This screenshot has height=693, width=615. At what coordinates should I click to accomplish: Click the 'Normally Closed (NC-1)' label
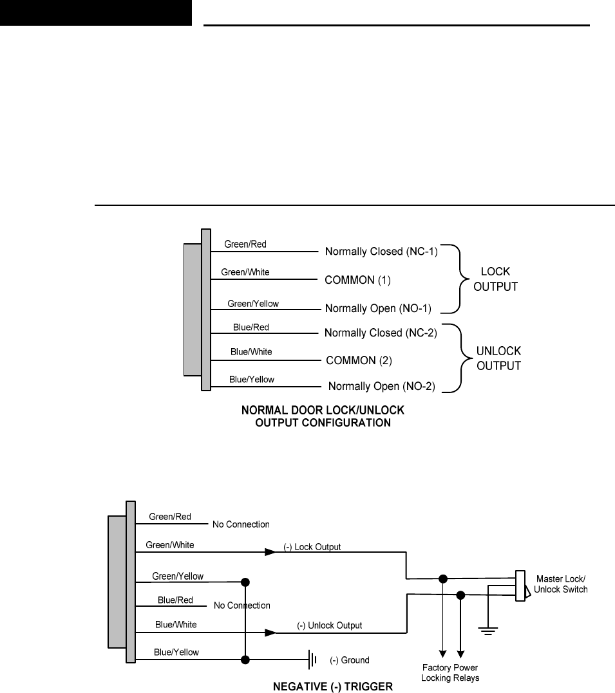381,252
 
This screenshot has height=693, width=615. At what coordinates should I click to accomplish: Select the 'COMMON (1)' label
358,281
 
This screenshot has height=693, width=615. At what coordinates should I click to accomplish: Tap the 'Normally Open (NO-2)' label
382,387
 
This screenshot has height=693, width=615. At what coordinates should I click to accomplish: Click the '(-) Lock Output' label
312,547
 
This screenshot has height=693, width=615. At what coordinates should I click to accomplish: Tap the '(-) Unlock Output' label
330,625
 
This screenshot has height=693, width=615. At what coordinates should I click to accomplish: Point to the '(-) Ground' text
350,660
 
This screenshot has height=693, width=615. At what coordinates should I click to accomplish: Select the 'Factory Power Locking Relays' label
449,673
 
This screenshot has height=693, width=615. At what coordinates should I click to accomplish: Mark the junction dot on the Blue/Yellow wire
245,660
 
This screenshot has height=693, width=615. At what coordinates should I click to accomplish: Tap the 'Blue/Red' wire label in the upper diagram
251,328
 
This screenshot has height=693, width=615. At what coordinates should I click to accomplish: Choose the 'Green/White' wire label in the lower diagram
170,545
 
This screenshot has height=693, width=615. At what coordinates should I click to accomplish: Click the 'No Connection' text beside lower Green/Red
241,524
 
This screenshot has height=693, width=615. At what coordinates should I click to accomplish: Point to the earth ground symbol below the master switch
489,630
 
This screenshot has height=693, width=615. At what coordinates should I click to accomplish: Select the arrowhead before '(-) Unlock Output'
270,633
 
